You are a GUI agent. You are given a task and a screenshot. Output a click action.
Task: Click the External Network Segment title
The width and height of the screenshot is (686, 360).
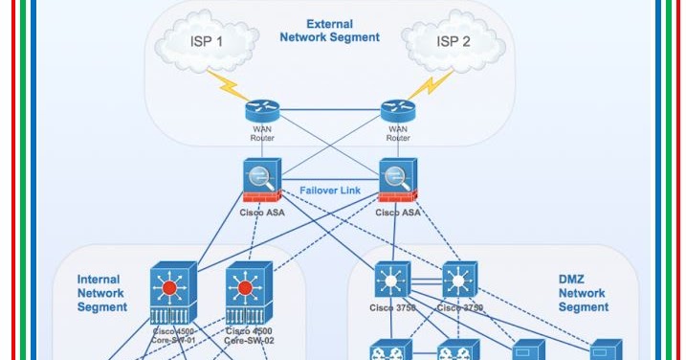click(329, 30)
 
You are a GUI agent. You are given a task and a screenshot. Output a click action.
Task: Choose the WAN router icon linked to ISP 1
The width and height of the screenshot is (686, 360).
click(260, 110)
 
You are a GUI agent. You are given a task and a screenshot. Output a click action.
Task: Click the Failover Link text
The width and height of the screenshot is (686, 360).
click(329, 191)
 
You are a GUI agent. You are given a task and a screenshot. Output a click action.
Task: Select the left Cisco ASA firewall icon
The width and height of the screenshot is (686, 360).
click(261, 180)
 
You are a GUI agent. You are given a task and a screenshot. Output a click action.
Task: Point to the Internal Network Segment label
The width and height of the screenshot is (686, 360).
click(102, 293)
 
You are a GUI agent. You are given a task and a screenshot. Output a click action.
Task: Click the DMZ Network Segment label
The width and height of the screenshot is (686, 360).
click(583, 293)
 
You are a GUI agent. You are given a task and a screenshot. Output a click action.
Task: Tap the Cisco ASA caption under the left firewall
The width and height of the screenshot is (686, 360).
click(261, 212)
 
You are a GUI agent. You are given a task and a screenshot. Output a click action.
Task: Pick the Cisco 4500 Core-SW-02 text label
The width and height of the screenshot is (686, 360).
click(249, 335)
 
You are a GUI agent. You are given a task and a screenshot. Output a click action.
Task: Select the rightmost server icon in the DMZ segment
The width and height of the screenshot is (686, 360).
click(606, 349)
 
